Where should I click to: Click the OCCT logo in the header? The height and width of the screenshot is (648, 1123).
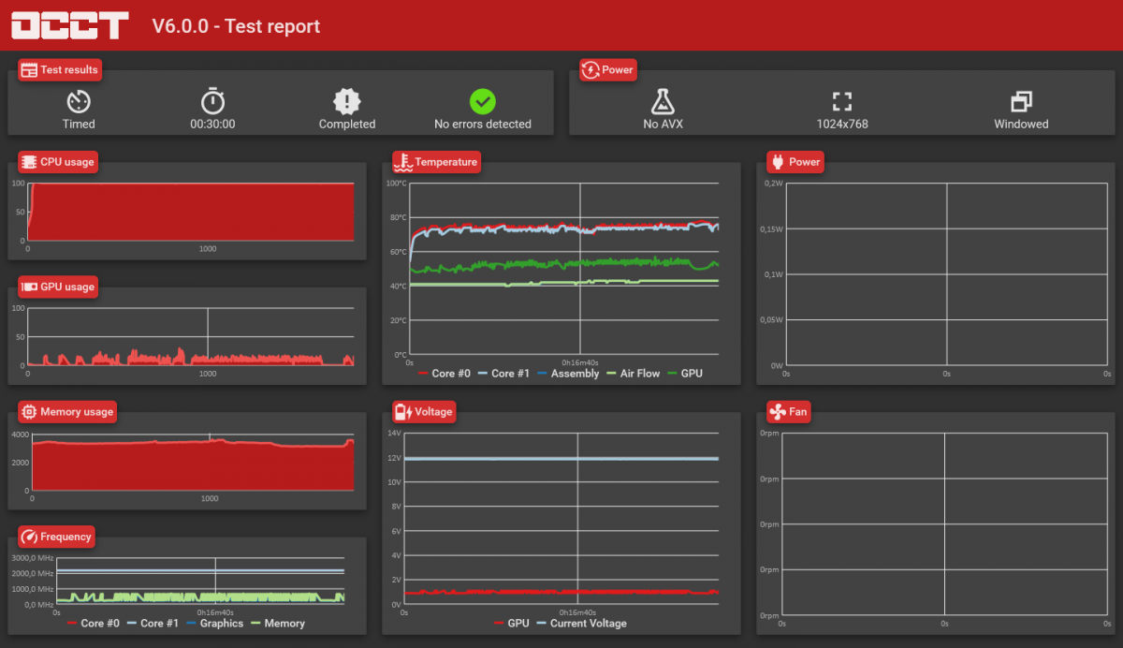click(x=69, y=25)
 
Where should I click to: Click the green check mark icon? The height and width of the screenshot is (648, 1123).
click(x=482, y=102)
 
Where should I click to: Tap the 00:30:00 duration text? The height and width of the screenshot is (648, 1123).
click(x=212, y=124)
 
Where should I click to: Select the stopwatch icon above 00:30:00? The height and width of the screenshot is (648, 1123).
click(x=212, y=101)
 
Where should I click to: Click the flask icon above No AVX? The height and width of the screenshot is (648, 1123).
click(x=663, y=102)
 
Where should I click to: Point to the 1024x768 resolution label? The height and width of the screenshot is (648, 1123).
click(x=842, y=124)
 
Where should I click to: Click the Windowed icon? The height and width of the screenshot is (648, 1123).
click(x=1021, y=102)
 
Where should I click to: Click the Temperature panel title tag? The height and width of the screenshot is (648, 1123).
click(x=436, y=162)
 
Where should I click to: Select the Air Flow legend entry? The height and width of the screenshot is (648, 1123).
click(x=634, y=373)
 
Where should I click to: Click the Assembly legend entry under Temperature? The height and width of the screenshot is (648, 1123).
click(x=568, y=373)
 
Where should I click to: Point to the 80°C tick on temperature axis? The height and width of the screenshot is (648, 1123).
click(x=399, y=217)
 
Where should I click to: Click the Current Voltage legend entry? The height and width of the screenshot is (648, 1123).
click(x=581, y=623)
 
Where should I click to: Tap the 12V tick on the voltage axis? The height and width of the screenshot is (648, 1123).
click(x=395, y=458)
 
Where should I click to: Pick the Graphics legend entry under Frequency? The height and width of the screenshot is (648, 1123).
click(x=214, y=623)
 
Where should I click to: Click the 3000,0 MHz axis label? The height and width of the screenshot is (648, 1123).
click(x=33, y=558)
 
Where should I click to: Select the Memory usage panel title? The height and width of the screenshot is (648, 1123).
click(x=67, y=412)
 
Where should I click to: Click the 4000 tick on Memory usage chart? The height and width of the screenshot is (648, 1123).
click(x=21, y=434)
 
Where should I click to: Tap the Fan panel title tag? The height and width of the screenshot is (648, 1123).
click(x=789, y=412)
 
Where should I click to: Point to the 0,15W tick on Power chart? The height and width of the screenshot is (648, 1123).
click(x=771, y=229)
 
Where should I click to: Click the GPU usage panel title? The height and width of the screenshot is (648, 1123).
click(x=58, y=287)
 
